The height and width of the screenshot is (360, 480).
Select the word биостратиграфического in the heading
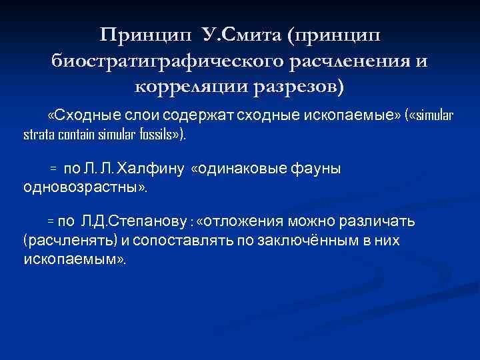[167, 61]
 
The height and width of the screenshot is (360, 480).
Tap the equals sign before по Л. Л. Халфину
[54, 169]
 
